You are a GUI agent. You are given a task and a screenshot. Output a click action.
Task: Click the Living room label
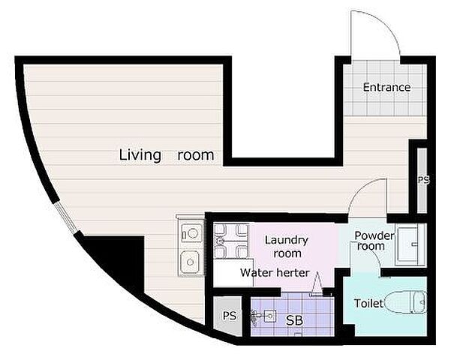[167, 155]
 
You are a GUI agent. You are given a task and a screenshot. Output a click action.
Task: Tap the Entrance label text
[386, 87]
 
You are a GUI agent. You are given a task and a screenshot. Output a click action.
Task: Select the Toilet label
[368, 303]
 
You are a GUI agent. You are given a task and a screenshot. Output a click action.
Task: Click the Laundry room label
[287, 247]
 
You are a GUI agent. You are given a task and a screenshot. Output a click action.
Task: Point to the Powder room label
[374, 241]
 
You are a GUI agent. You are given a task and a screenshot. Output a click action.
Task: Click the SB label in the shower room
[294, 320]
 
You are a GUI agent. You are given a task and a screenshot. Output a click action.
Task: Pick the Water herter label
[275, 272]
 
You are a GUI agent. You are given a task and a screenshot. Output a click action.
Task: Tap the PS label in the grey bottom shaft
[230, 316]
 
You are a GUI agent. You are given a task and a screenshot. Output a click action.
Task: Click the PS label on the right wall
[423, 180]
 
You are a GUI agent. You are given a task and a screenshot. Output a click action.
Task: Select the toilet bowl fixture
[405, 302]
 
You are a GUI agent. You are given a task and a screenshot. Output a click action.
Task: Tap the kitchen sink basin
[190, 262]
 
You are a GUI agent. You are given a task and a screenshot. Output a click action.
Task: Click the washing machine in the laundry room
[231, 241]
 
